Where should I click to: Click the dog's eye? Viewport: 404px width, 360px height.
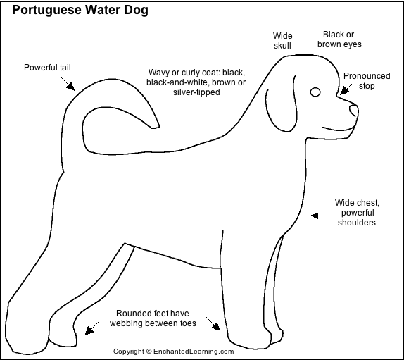(x=315, y=92)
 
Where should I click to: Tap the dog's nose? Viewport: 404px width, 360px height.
(x=354, y=111)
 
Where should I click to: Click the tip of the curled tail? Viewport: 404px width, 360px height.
(x=156, y=127)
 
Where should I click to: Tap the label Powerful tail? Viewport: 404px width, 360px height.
(x=47, y=68)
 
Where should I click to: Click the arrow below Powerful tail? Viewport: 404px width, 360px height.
(x=68, y=84)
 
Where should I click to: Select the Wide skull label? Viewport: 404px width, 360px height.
(x=282, y=40)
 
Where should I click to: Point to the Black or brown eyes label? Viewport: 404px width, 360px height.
(x=339, y=39)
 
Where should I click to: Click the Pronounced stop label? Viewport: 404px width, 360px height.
(x=367, y=81)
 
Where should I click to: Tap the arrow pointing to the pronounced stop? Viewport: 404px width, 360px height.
(x=346, y=89)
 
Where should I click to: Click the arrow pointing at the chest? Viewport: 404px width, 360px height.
(x=319, y=216)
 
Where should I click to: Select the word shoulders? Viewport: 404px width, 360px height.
(x=357, y=223)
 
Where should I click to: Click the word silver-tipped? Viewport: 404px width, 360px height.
(x=196, y=92)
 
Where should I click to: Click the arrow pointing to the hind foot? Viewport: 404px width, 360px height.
(x=92, y=328)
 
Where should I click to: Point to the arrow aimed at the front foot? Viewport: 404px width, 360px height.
(x=213, y=324)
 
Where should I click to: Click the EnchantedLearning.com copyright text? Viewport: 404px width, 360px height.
(x=173, y=352)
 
